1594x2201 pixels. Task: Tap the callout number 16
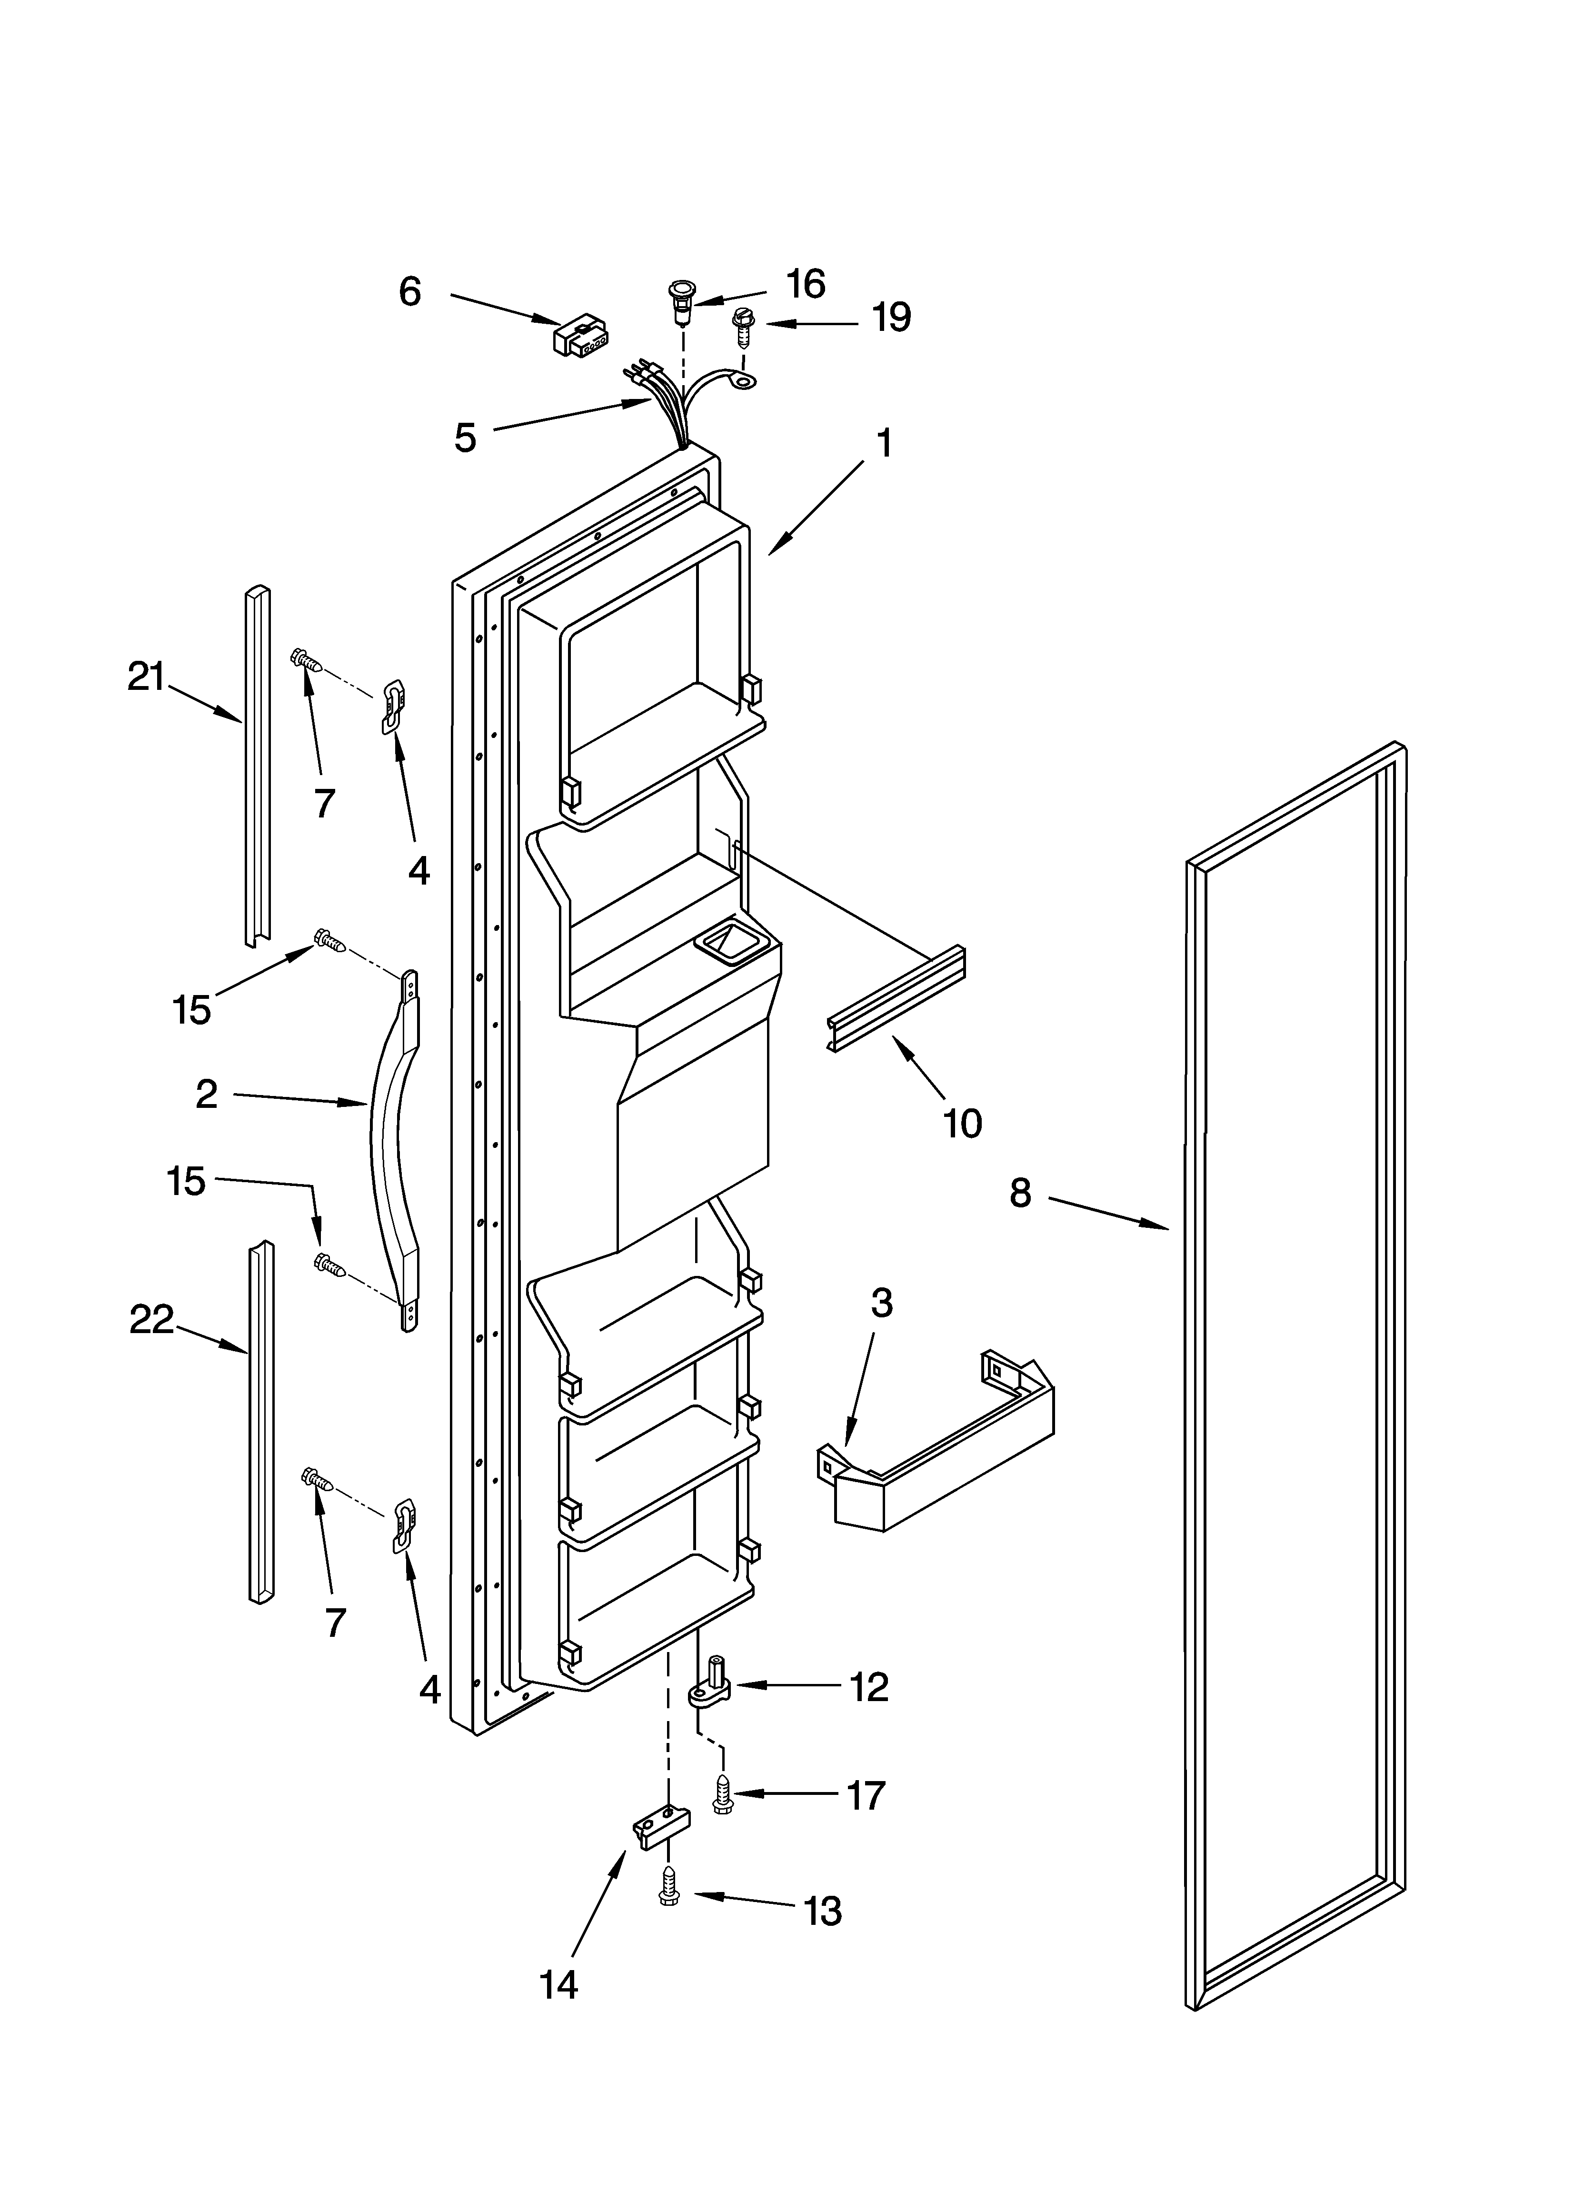[805, 284]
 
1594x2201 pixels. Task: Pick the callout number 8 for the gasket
[1019, 1193]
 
